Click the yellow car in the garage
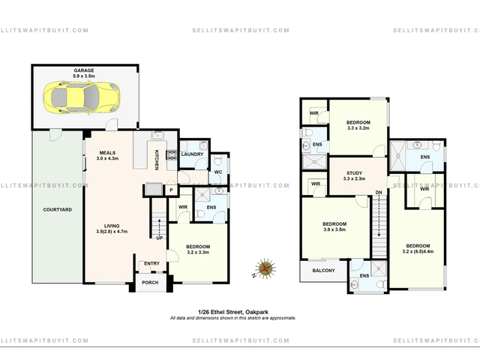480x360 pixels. (82, 97)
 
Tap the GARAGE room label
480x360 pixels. (83, 70)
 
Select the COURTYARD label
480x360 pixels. (58, 210)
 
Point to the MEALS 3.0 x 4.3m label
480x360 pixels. (107, 155)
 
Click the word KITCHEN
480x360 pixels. (157, 160)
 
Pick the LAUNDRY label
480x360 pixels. (192, 154)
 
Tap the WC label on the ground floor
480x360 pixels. (218, 172)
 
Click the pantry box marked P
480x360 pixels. (172, 190)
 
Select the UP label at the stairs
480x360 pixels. (160, 238)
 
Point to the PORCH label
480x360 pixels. (150, 283)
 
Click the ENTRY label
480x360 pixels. (151, 263)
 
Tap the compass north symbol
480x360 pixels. (265, 268)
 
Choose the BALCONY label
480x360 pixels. (323, 271)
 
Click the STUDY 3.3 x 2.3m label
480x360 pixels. (355, 176)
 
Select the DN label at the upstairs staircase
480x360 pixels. (379, 193)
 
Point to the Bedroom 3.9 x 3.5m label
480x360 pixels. (334, 226)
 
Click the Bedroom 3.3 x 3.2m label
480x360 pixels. (358, 125)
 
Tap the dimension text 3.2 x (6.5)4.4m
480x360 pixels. (418, 252)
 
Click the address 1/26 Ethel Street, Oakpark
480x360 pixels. (233, 312)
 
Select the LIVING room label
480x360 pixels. (112, 226)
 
